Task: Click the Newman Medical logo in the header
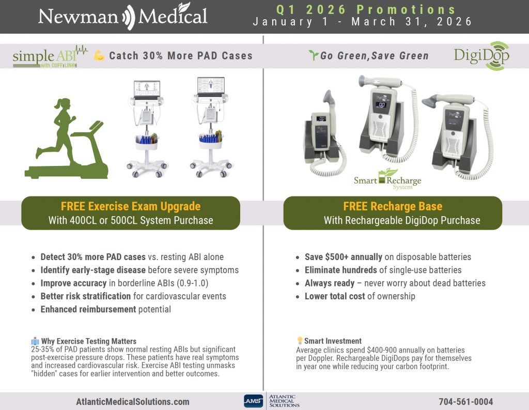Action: (123, 16)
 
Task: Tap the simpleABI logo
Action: (50, 56)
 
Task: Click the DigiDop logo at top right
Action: (482, 56)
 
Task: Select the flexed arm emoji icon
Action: (99, 55)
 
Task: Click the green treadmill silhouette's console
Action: (96, 126)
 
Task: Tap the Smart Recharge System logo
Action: (387, 179)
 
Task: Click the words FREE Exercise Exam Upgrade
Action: (131, 206)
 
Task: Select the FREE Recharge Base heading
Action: (393, 206)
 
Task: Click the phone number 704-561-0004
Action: (465, 402)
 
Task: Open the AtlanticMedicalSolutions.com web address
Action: (133, 402)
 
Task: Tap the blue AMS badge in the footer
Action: (253, 401)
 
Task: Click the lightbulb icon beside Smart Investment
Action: (300, 340)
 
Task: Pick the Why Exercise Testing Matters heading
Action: (89, 341)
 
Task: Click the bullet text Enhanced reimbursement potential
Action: (105, 309)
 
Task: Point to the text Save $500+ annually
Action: (344, 257)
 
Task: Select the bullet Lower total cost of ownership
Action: (360, 296)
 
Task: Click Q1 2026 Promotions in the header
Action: (366, 9)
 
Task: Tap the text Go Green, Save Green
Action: (375, 56)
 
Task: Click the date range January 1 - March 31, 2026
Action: (362, 22)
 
